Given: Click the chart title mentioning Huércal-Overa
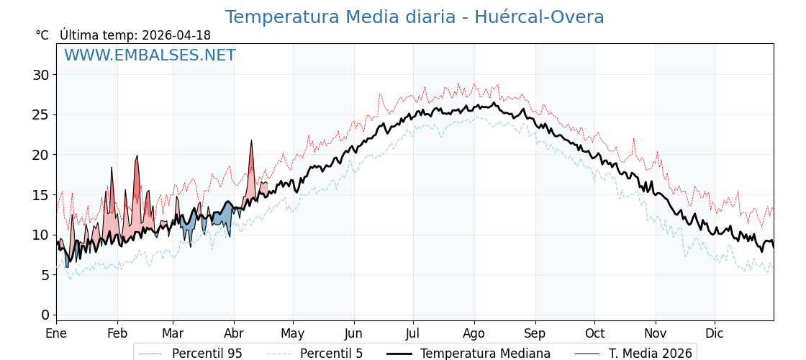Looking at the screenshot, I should (415, 17).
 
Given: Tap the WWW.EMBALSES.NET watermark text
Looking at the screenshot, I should (150, 55).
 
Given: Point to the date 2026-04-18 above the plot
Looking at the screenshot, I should (176, 35).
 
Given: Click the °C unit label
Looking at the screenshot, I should (42, 35).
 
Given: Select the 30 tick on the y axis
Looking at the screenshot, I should (40, 75).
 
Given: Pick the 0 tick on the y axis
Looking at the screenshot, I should (45, 315).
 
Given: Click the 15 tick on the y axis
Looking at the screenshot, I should (40, 194).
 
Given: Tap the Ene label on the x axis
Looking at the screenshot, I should (56, 333).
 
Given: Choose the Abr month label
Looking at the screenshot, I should (234, 333).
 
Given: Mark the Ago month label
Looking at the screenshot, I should (474, 333).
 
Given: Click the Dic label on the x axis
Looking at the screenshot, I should (715, 333).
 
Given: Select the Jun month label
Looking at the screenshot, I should (354, 333).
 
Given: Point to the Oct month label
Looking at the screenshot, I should (594, 333).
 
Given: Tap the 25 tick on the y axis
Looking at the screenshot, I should (40, 114).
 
